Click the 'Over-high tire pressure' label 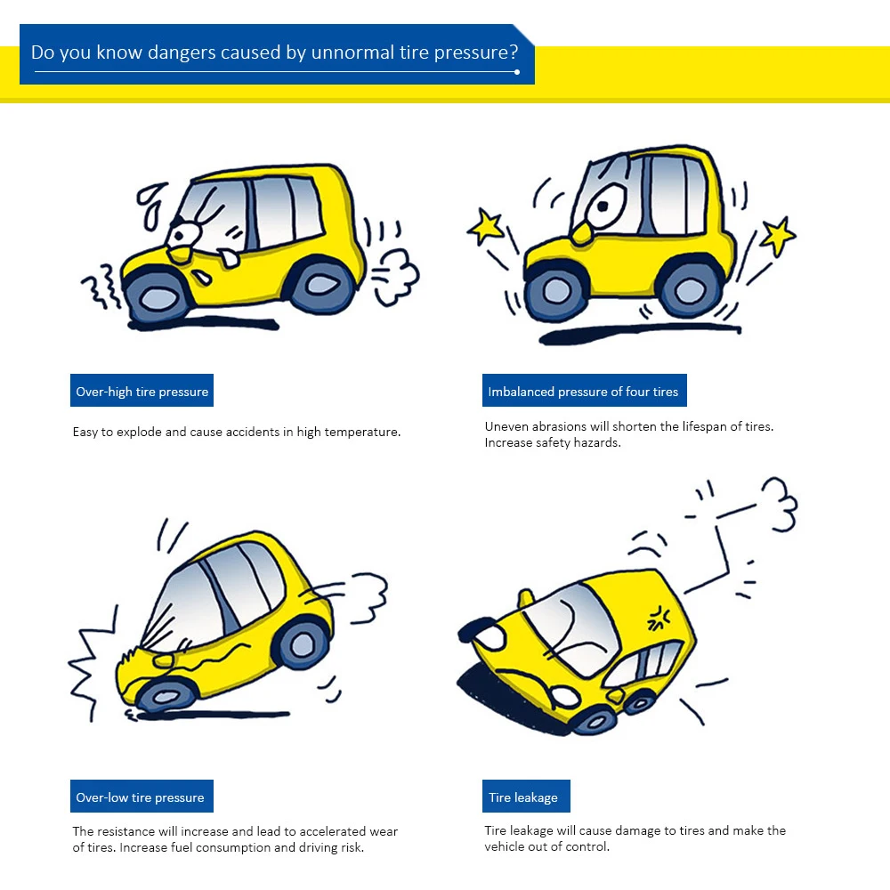pos(142,392)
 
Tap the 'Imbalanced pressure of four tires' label pos(583,392)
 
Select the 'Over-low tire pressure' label pos(141,797)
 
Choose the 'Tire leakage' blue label pos(523,797)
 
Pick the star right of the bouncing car pos(777,236)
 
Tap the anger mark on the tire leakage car pos(659,616)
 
